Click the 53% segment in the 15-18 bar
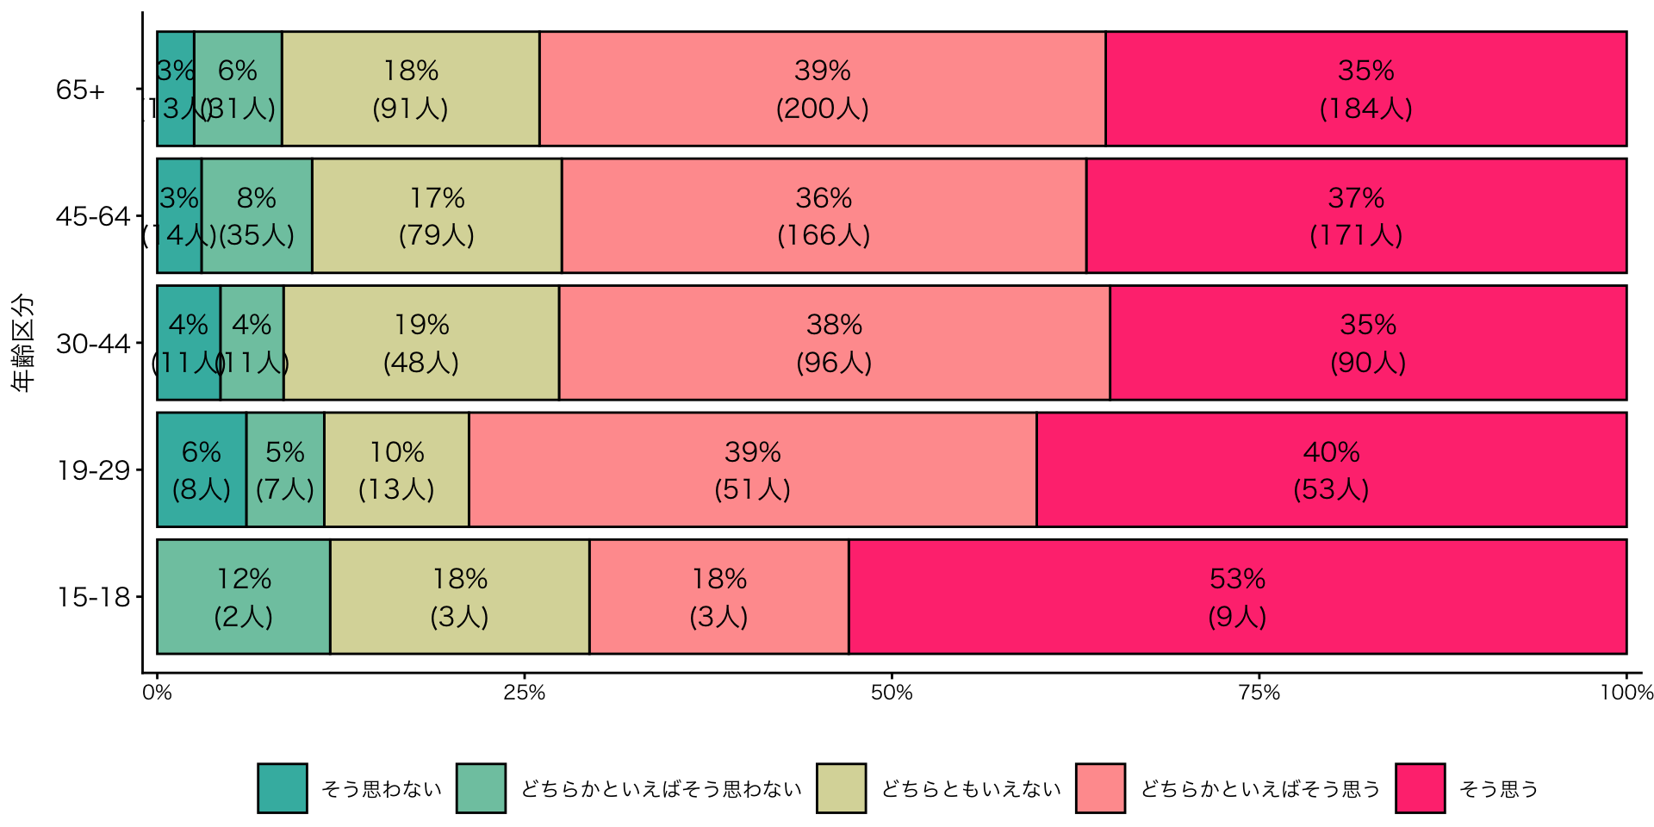coord(1237,597)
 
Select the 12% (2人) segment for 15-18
coord(244,597)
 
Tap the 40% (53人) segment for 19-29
coord(1331,469)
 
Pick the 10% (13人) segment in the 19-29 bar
coord(396,469)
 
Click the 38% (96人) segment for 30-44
coord(834,343)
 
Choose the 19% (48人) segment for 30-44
coord(421,343)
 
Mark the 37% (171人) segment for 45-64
coord(1356,215)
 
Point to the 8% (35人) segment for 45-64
coord(257,215)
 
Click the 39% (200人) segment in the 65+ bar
coord(823,89)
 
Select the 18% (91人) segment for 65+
coord(411,89)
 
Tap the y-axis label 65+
coord(80,90)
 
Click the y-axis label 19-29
coord(93,470)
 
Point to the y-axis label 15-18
coord(93,597)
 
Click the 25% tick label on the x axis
coord(525,693)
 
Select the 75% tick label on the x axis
coord(1259,693)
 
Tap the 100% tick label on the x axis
coord(1626,693)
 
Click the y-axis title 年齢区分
coord(23,343)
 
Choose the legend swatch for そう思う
coord(1420,788)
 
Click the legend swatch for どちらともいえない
coord(841,788)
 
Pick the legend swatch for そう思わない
coord(282,788)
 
